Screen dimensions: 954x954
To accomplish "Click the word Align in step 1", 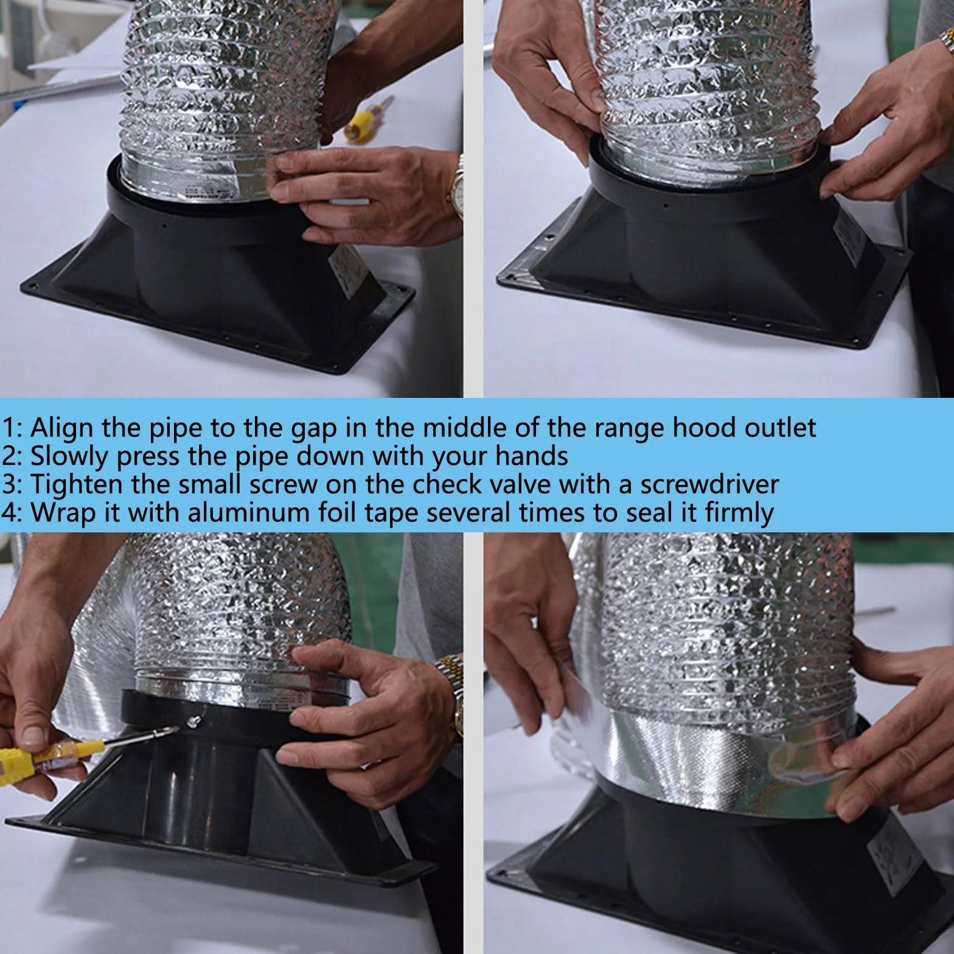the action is (x=61, y=428).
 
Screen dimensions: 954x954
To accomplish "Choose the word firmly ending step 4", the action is (x=739, y=514).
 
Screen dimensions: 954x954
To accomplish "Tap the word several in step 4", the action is (x=467, y=514).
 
